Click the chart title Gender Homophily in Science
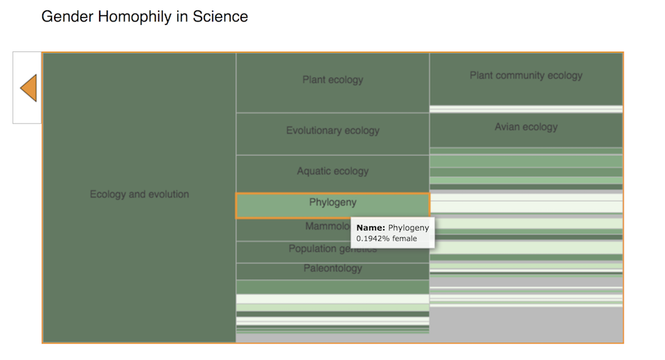pyautogui.click(x=144, y=16)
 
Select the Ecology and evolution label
pyautogui.click(x=139, y=195)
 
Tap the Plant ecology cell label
pyautogui.click(x=332, y=80)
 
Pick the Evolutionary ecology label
pyautogui.click(x=332, y=130)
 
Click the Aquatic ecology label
pyautogui.click(x=332, y=171)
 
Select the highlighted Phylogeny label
pyautogui.click(x=332, y=202)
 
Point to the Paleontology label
pyautogui.click(x=332, y=268)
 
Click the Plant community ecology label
pyautogui.click(x=526, y=75)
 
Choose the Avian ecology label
pyautogui.click(x=526, y=127)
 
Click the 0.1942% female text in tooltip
pyautogui.click(x=387, y=239)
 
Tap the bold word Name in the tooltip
pyautogui.click(x=370, y=228)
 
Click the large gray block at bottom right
pyautogui.click(x=526, y=324)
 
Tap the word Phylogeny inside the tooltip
pyautogui.click(x=409, y=228)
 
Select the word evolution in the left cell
pyautogui.click(x=167, y=195)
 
